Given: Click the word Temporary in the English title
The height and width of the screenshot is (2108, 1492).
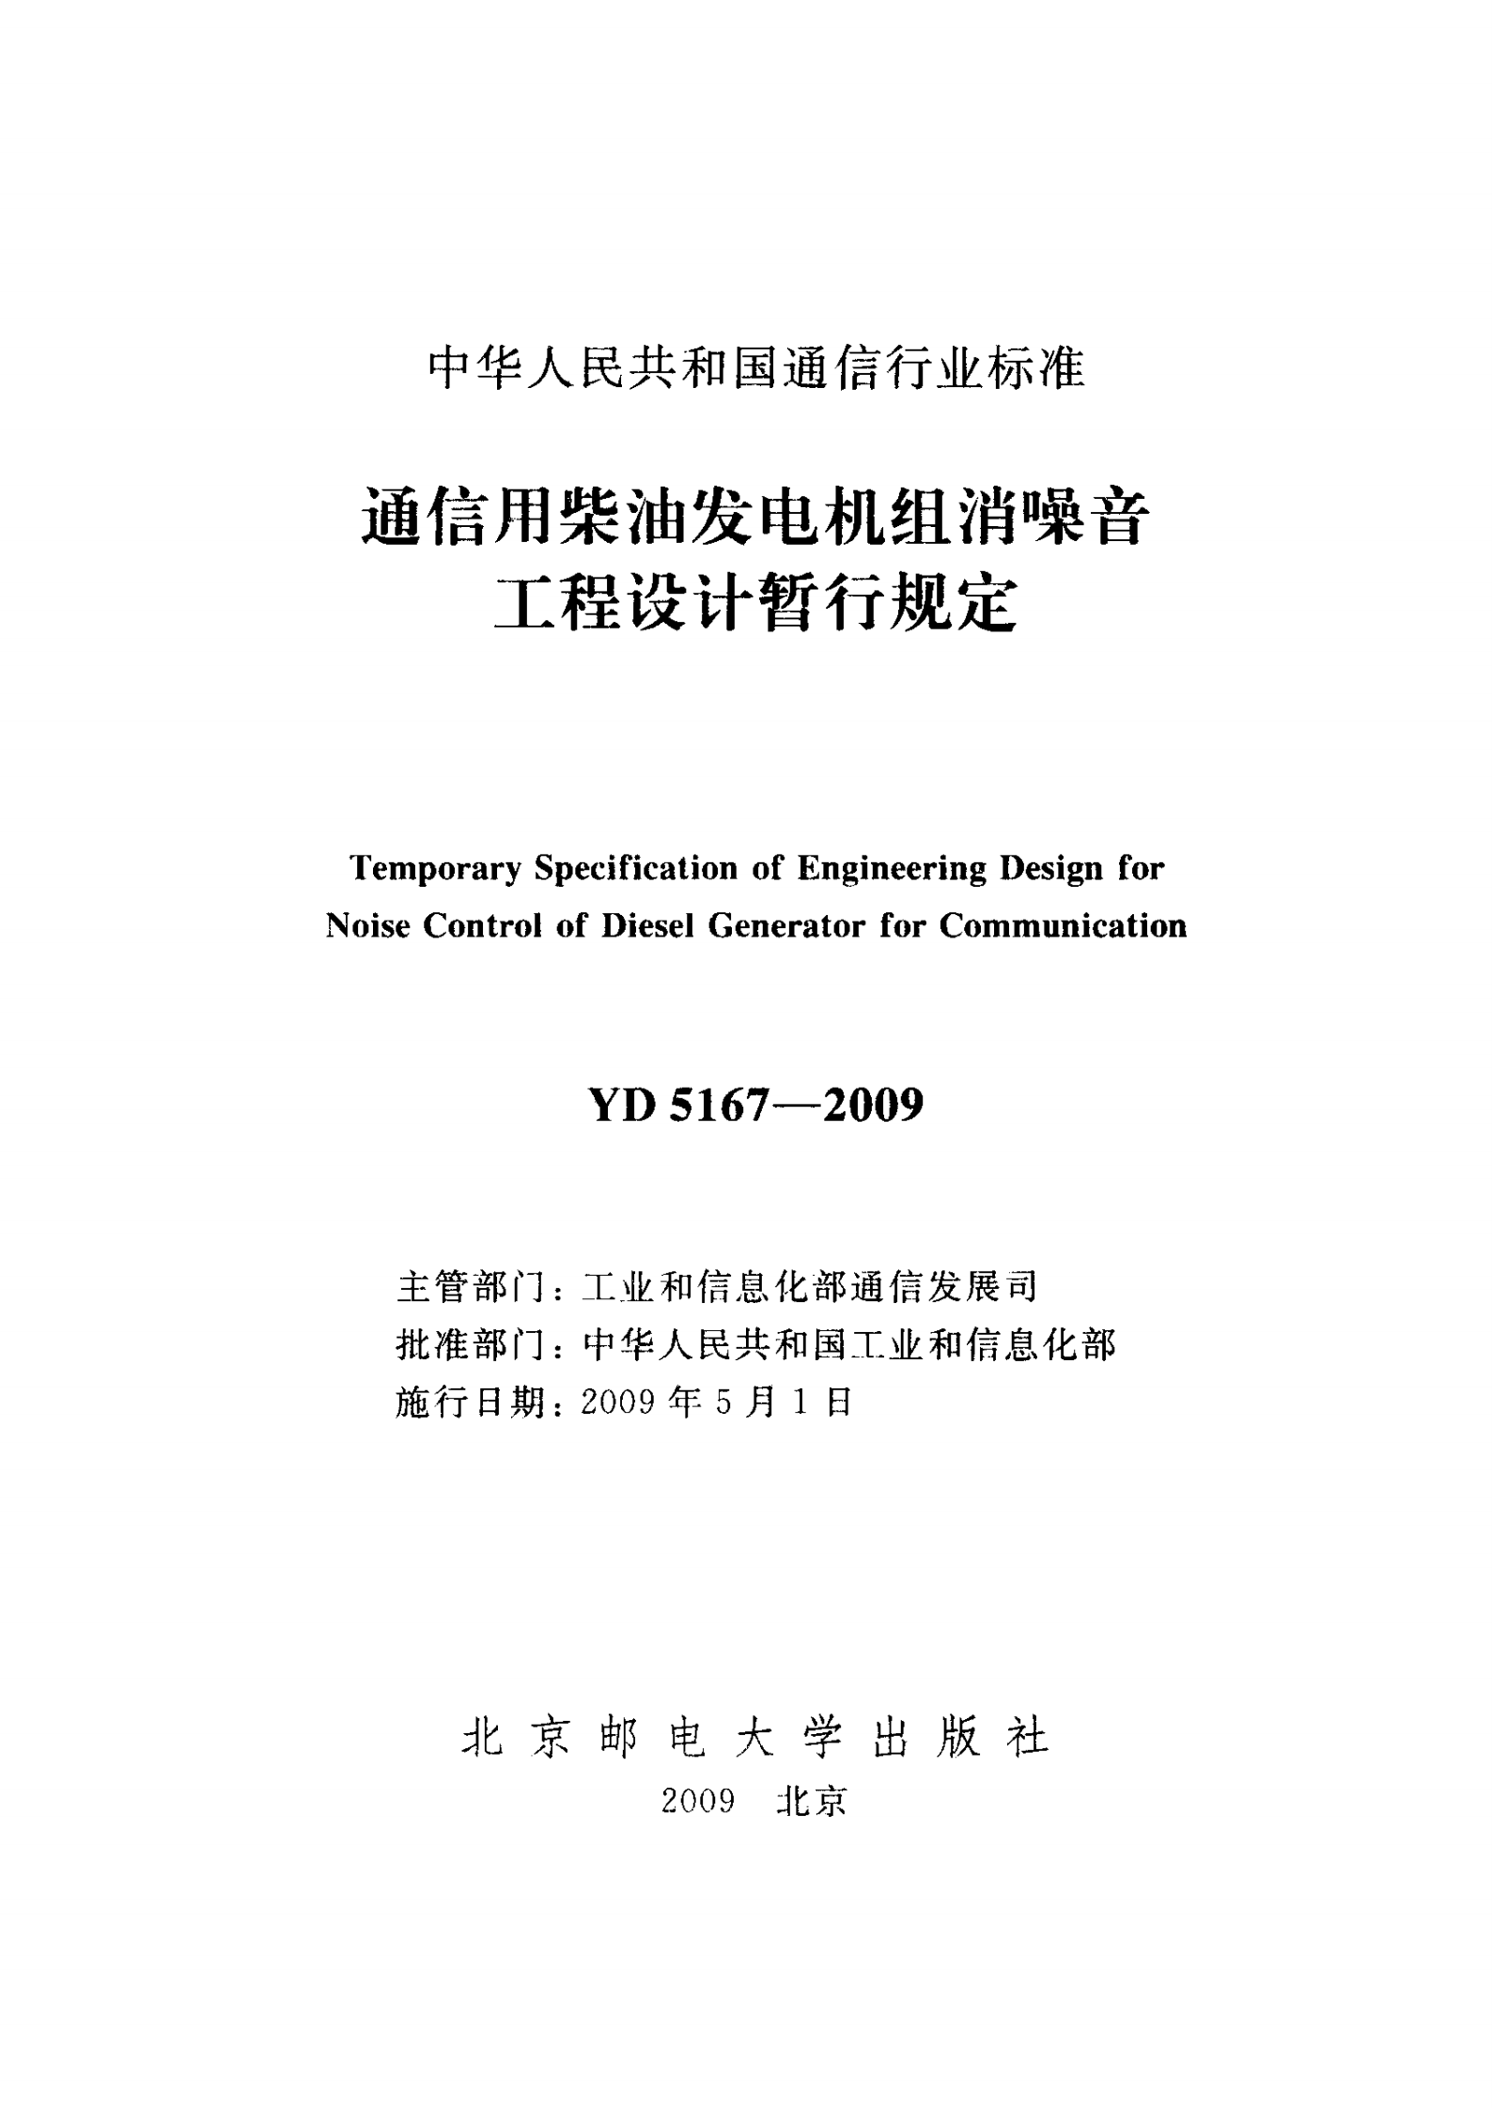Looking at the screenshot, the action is pyautogui.click(x=433, y=869).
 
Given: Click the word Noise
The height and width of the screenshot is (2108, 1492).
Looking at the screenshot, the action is pyautogui.click(x=367, y=926).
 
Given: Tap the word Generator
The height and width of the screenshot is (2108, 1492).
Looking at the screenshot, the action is pyautogui.click(x=785, y=926).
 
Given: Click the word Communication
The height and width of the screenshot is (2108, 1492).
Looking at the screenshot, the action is pyautogui.click(x=1063, y=926).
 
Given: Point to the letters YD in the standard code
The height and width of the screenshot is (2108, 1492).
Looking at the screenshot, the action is pyautogui.click(x=622, y=1106).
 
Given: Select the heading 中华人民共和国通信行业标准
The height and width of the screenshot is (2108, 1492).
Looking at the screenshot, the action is pyautogui.click(x=756, y=369).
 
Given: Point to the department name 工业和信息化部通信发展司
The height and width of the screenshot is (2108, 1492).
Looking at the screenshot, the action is pyautogui.click(x=809, y=1288).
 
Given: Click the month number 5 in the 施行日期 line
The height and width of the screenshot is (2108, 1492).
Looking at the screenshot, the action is pyautogui.click(x=723, y=1403).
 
